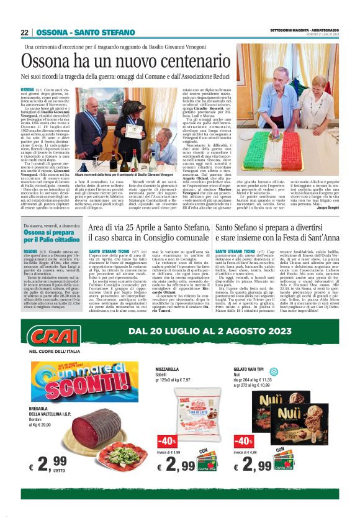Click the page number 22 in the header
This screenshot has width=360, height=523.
pyautogui.click(x=24, y=32)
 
